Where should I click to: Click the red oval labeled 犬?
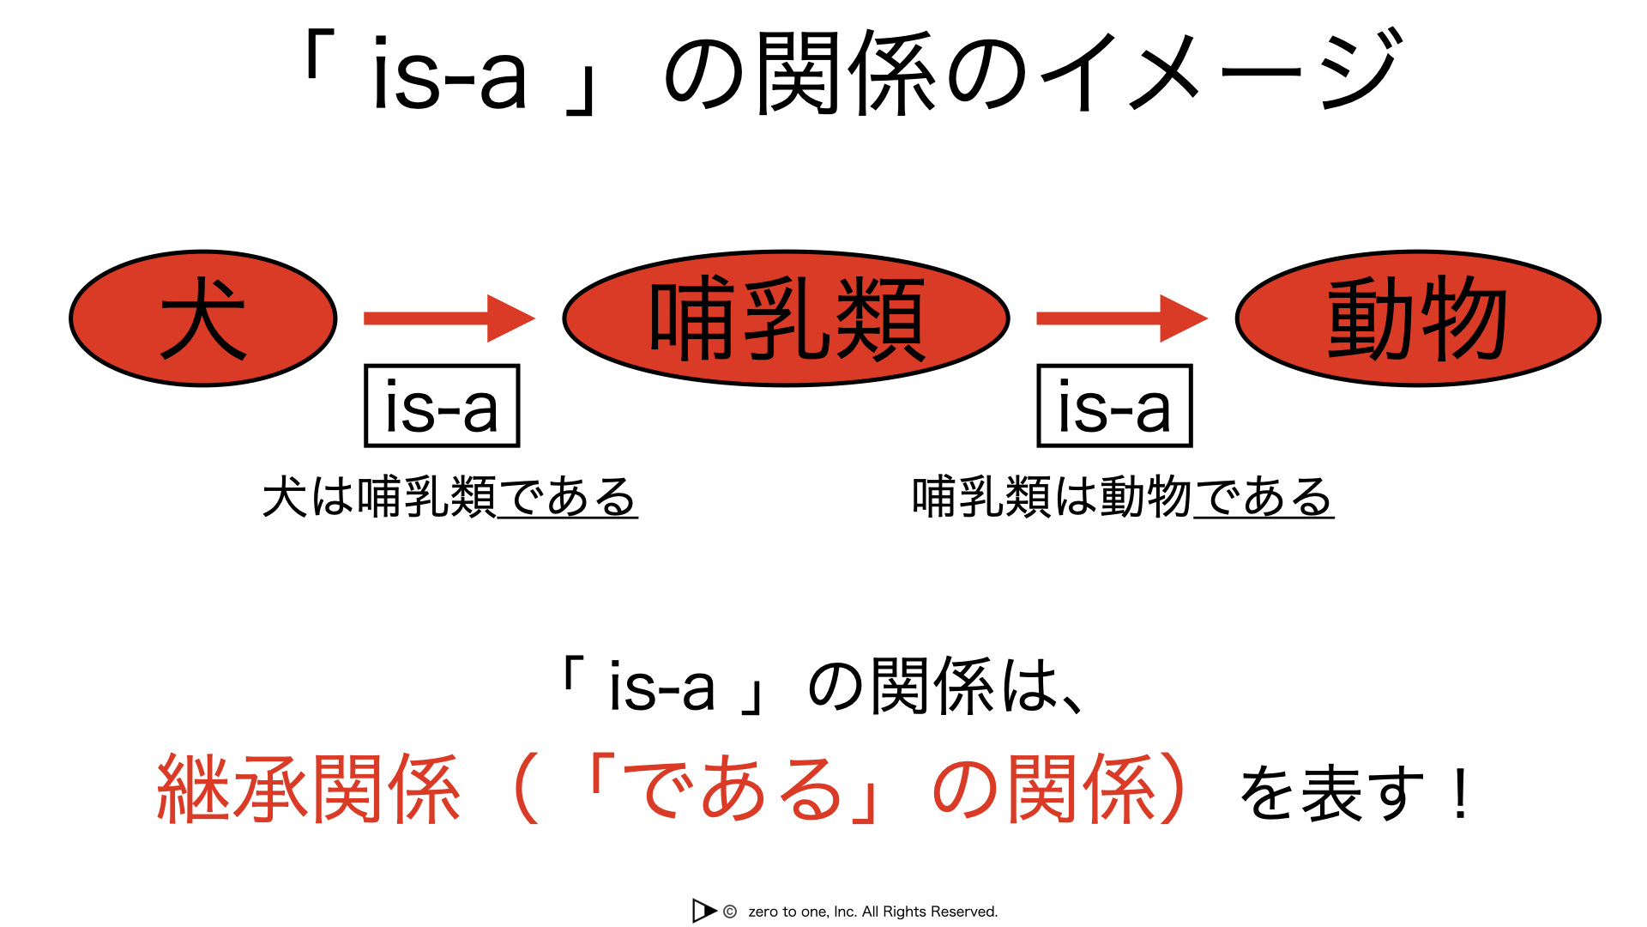point(203,318)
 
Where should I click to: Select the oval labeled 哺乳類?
point(786,318)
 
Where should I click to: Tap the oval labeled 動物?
point(1418,318)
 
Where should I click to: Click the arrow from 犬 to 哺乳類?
point(449,318)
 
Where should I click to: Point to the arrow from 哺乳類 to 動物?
point(1122,318)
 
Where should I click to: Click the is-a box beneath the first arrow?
point(442,406)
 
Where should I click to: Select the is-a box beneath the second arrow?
point(1114,406)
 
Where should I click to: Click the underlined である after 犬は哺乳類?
point(567,497)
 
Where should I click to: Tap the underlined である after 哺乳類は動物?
point(1264,497)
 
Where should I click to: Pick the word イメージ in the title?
point(1222,72)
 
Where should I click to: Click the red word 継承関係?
point(309,790)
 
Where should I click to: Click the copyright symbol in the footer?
point(730,912)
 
